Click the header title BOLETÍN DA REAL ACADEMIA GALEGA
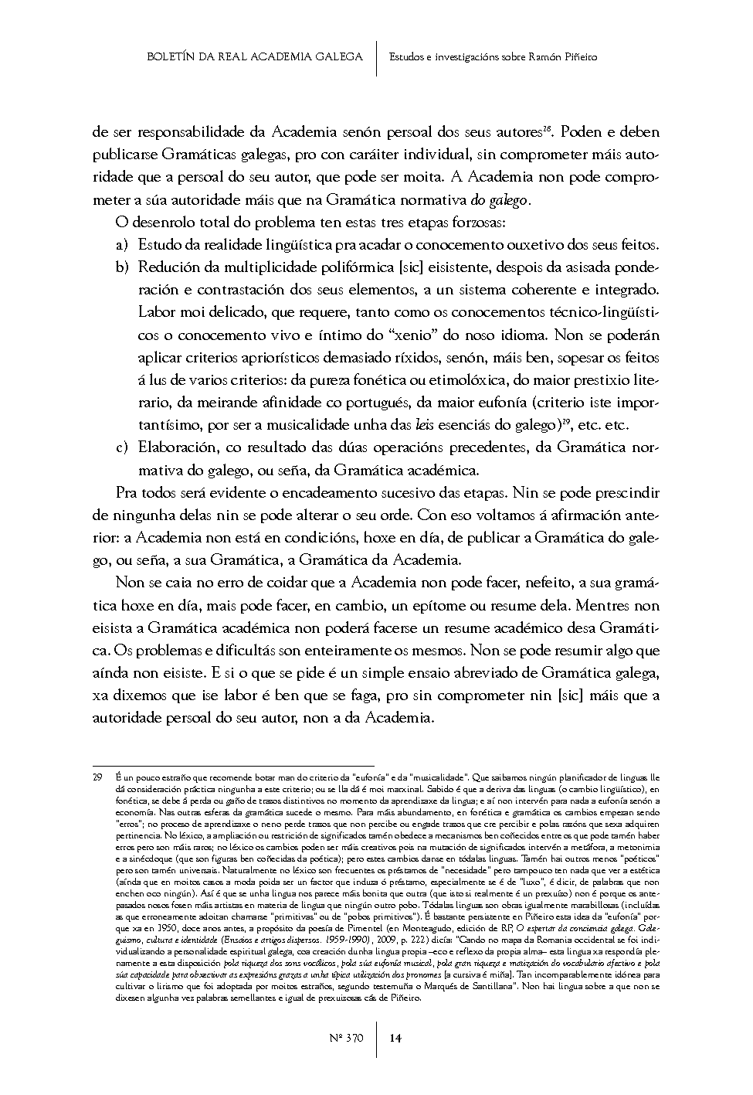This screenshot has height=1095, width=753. pos(254,56)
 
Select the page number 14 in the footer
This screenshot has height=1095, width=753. pos(396,1038)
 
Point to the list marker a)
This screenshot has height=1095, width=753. pos(121,246)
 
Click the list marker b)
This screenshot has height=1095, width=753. pos(121,267)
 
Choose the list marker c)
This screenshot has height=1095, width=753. pos(121,447)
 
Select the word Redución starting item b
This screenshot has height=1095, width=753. pos(168,267)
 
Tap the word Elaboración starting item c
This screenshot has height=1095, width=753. pos(178,447)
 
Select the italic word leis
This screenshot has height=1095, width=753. pos(423,425)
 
